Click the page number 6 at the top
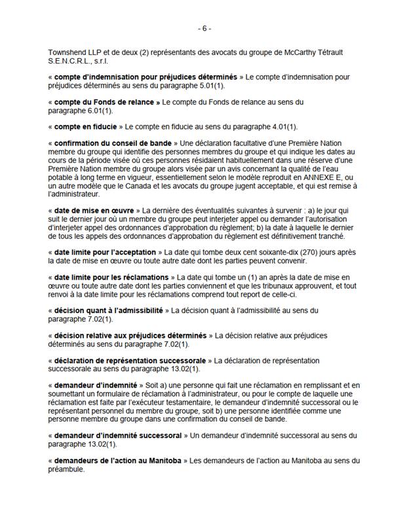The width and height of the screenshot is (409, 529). tap(204, 29)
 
